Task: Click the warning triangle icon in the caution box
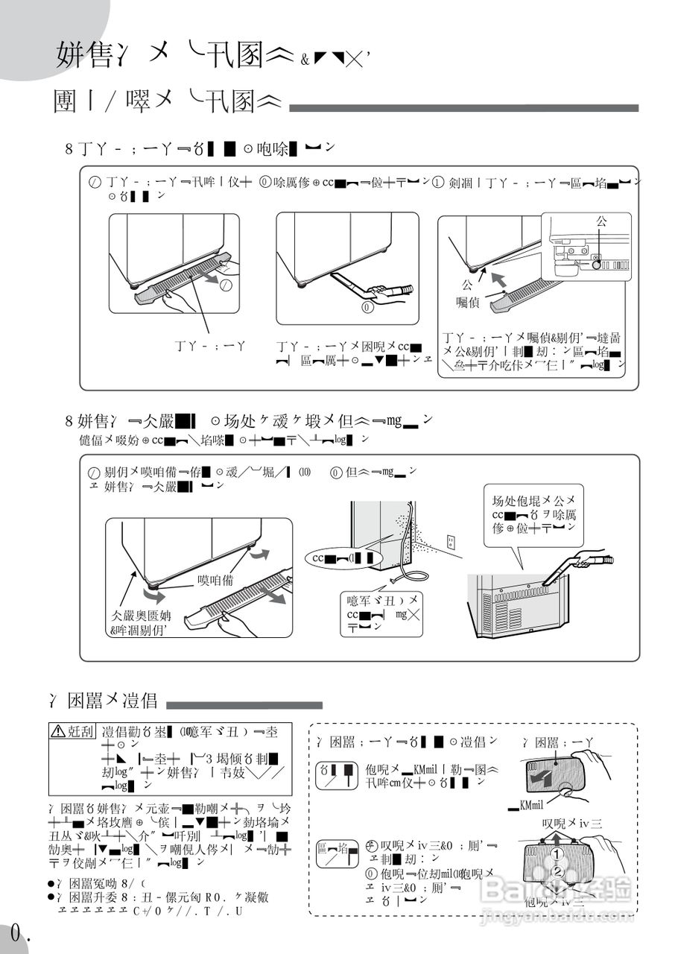pos(58,732)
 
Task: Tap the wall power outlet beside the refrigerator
pos(451,542)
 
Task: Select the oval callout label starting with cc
pos(342,557)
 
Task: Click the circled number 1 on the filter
pos(556,854)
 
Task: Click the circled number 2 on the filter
pos(556,873)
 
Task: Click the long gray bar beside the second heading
pos(463,108)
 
